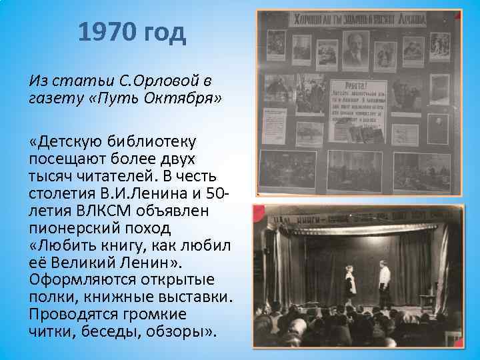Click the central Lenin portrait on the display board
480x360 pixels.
(354, 47)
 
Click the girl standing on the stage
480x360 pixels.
(349, 286)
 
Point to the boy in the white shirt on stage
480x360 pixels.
(384, 283)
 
